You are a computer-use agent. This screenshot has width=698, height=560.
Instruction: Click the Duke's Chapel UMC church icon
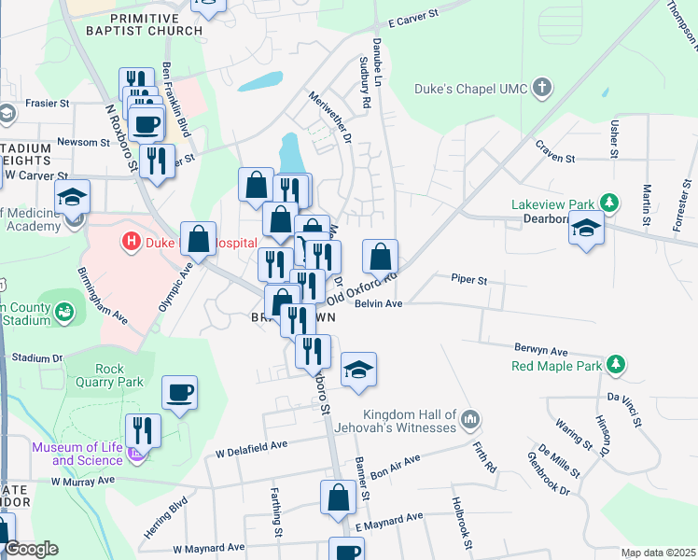[541, 90]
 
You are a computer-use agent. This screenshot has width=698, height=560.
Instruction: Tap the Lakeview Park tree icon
[609, 203]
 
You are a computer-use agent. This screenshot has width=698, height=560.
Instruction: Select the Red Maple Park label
[556, 365]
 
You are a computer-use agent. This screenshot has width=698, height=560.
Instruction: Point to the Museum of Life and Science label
[77, 454]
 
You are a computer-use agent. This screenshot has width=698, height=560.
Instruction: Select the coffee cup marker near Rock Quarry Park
[179, 394]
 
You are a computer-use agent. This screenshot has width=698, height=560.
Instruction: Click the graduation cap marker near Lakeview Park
[586, 229]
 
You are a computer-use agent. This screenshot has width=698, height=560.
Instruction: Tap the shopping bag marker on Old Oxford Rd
[380, 257]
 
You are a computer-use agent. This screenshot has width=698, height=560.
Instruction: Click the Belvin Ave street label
[378, 303]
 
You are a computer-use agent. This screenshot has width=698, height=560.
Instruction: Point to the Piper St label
[469, 279]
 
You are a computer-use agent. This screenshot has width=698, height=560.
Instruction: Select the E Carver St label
[412, 19]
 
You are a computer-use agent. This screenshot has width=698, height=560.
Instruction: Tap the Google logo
[31, 549]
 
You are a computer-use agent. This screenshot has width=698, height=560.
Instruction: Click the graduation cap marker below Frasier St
[72, 197]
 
